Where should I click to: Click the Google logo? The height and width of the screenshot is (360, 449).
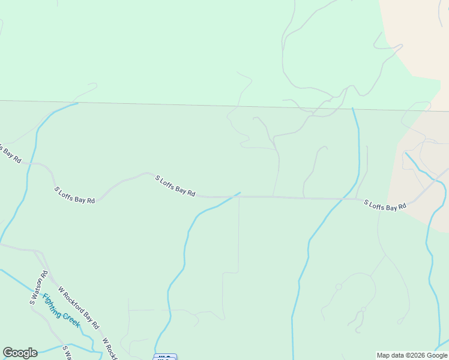[20, 353]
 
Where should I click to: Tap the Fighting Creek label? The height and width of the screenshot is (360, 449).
[61, 310]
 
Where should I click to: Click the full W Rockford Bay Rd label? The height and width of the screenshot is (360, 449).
[79, 307]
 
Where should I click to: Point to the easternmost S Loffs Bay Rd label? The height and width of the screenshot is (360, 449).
[385, 205]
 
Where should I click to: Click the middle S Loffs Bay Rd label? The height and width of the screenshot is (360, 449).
[175, 186]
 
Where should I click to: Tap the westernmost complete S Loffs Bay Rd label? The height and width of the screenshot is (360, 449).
[74, 196]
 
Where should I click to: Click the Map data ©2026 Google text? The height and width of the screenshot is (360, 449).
[412, 355]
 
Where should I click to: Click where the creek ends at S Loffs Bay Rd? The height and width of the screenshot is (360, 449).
[240, 193]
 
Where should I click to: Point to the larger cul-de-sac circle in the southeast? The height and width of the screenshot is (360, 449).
[339, 287]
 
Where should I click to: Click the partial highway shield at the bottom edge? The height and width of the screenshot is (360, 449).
[165, 357]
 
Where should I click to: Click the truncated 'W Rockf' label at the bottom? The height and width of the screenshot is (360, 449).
[109, 349]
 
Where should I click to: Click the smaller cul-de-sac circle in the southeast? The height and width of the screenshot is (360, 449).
[363, 310]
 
